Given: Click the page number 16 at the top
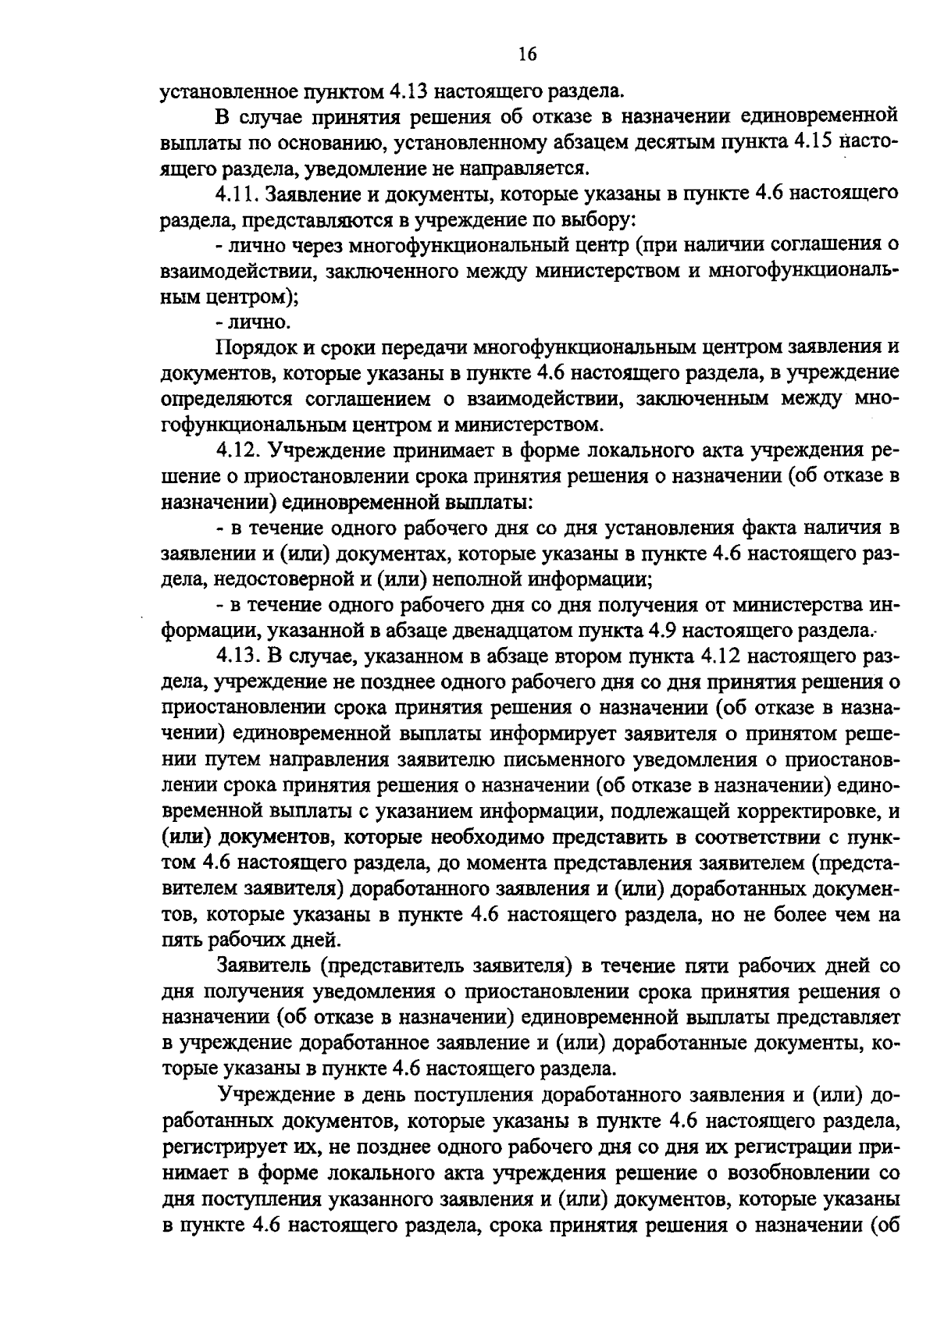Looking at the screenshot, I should click(x=527, y=53).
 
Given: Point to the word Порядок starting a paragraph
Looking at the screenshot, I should click(x=255, y=347).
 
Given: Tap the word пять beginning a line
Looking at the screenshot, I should click(x=180, y=939).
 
